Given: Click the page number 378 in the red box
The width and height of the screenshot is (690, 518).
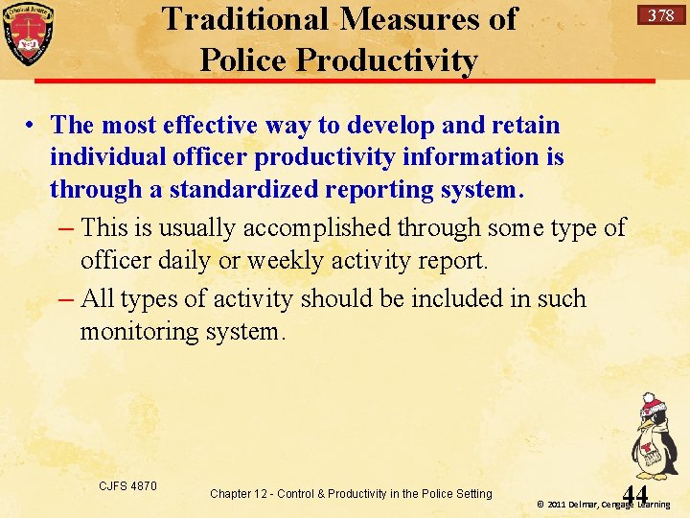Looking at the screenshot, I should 660,15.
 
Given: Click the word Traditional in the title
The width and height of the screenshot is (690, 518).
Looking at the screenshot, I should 245,18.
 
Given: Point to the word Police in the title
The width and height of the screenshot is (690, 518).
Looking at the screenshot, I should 243,60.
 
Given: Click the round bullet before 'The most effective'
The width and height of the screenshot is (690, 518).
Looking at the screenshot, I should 32,125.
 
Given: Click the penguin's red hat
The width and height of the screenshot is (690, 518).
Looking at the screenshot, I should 653,400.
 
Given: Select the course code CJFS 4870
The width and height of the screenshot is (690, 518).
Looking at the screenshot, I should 128,486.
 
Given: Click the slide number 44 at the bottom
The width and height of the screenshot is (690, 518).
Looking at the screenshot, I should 634,494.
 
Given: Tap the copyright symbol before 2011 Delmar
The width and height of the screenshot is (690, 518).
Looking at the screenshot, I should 540,505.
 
